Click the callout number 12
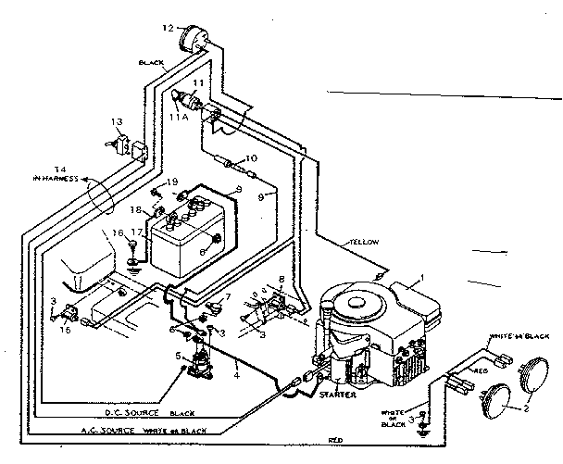pyautogui.click(x=168, y=29)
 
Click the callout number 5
pyautogui.click(x=180, y=356)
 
